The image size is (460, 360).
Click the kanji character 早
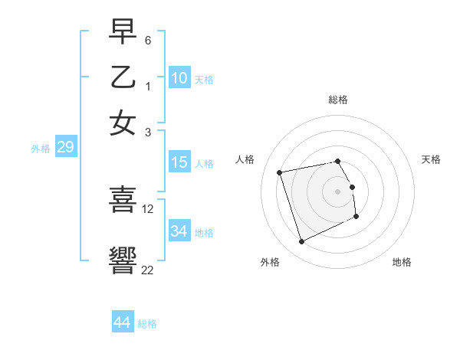pos(123,33)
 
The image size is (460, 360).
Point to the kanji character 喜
pos(123,199)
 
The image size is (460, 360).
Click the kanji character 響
pos(123,260)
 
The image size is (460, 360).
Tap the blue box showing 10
pos(179,78)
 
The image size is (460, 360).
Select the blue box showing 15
pos(179,162)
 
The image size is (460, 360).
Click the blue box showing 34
pos(179,231)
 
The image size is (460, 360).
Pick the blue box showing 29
pos(65,147)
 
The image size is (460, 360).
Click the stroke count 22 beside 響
pos(147,269)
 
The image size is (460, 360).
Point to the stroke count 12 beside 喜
pos(148,208)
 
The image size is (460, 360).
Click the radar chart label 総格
pos(338,100)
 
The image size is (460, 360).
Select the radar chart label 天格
pos(432,159)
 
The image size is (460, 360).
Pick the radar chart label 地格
pos(402,262)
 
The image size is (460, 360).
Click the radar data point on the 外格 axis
pos(301,242)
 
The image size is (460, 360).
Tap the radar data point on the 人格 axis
pos(280,172)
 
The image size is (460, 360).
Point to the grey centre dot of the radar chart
pos(338,191)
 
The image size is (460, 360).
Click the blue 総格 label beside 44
pos(147,324)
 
